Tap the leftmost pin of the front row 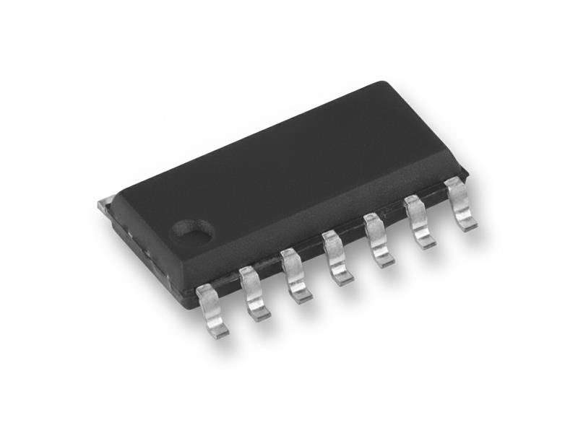211,307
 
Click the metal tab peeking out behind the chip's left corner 103,205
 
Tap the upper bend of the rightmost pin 454,186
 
